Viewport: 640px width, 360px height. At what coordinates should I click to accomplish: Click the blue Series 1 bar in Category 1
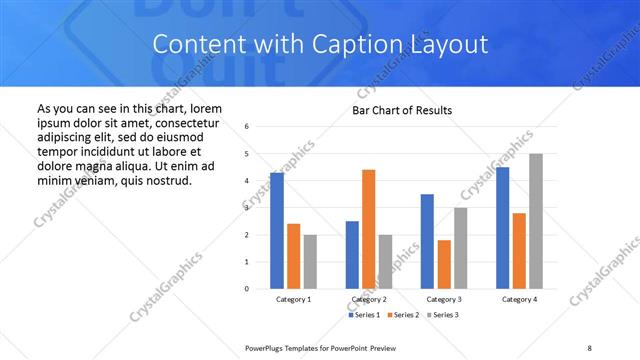coord(277,231)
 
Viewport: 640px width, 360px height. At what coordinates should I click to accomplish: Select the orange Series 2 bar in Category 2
coord(368,229)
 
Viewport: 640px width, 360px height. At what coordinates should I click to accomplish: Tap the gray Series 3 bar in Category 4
coord(536,221)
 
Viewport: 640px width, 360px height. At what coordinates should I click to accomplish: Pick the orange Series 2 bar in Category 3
coord(444,264)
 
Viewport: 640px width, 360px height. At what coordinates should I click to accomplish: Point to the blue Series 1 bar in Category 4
coord(502,228)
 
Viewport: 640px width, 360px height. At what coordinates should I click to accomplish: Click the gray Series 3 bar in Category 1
coord(310,262)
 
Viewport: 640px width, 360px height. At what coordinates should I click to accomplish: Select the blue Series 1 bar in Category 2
coord(352,255)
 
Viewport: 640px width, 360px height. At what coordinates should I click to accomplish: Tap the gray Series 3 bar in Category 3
coord(460,248)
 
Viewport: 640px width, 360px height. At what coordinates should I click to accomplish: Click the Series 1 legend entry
coord(364,315)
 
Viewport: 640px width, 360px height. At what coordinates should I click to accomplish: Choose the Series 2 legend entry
coord(402,315)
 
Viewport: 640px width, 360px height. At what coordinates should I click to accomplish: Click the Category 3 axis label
coord(444,299)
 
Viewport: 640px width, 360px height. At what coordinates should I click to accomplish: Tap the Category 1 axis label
coord(293,299)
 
